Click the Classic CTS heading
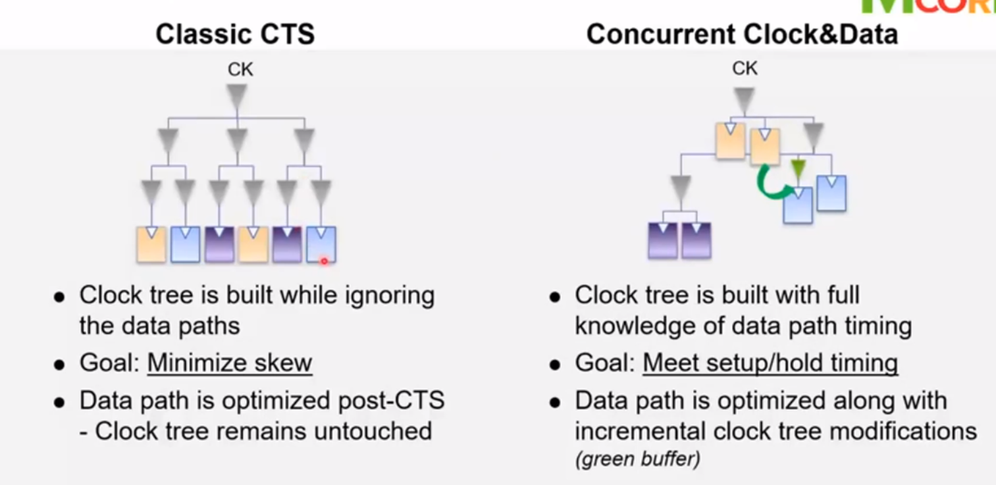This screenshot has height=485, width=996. [235, 34]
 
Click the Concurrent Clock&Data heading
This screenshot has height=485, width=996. [742, 34]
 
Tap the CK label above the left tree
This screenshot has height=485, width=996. [240, 69]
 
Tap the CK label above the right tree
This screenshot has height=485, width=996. [745, 68]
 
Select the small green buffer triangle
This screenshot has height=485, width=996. [798, 169]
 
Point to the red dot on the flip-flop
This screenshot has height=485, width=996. [324, 261]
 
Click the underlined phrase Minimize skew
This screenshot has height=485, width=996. [229, 363]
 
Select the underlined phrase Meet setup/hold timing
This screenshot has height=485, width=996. [770, 363]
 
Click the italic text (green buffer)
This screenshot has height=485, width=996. [637, 459]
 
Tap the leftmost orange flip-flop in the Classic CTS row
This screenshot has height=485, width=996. [151, 244]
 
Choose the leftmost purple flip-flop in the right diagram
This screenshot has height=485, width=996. [662, 240]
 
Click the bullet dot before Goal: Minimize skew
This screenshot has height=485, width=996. [60, 364]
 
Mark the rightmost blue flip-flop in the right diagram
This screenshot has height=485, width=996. [831, 193]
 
